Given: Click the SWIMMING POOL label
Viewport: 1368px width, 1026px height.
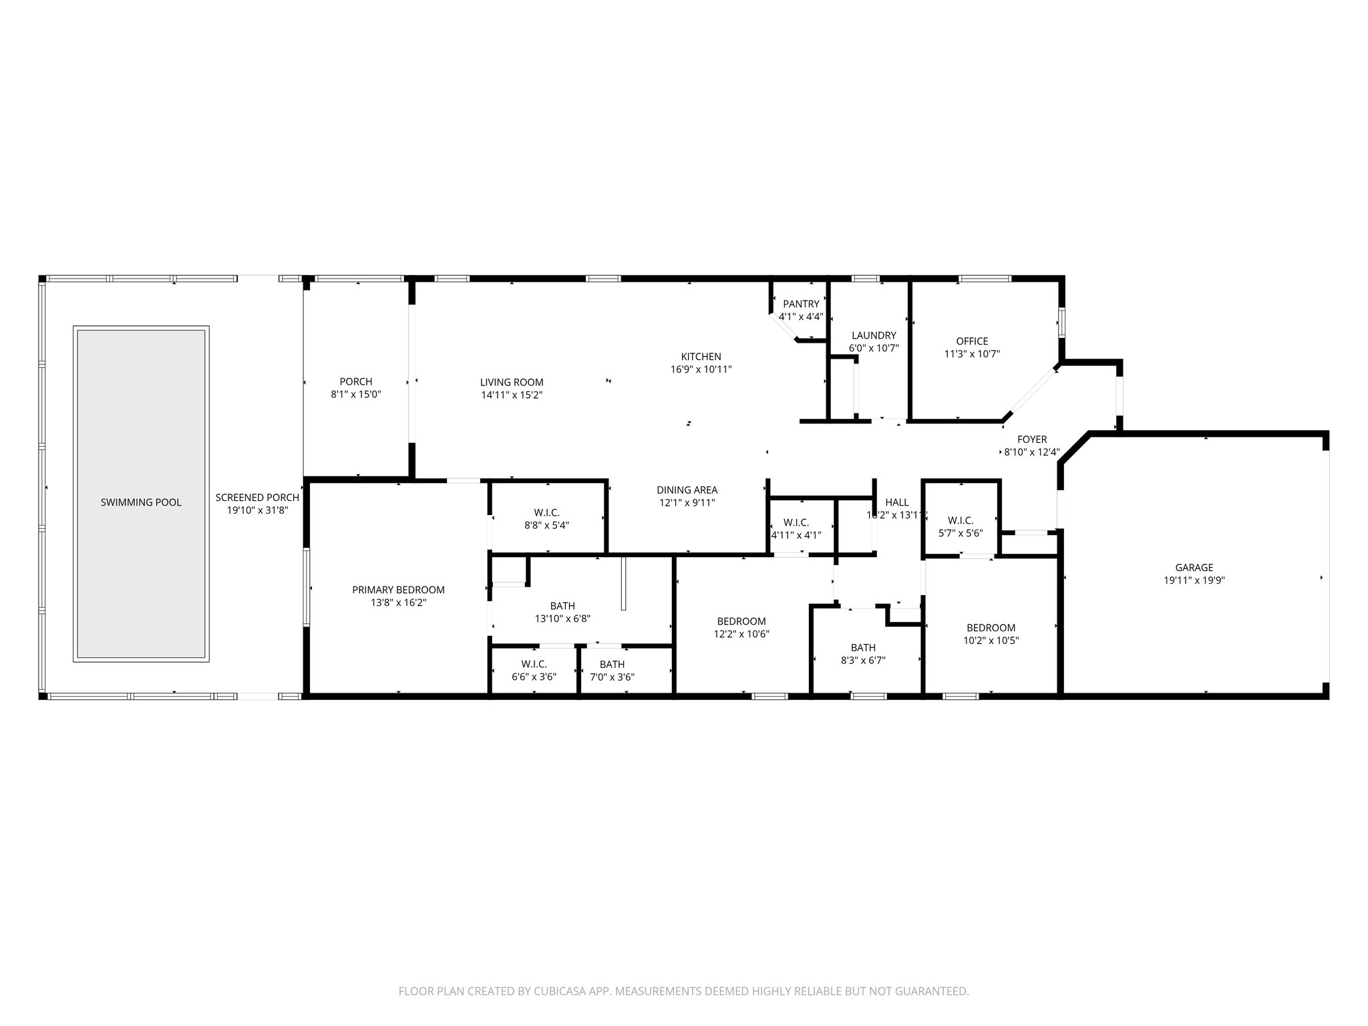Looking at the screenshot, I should (x=141, y=502).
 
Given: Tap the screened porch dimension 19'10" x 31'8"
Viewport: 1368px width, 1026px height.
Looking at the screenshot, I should (x=257, y=510).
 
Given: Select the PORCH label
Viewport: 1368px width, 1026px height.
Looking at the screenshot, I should (x=355, y=382).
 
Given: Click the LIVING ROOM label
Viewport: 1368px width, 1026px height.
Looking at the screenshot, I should (x=512, y=383).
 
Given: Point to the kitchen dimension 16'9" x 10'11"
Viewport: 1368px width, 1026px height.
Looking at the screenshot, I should (x=701, y=369).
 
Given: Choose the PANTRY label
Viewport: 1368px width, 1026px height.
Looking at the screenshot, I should (x=801, y=304).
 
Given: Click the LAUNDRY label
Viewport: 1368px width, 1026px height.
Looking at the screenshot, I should (x=873, y=335).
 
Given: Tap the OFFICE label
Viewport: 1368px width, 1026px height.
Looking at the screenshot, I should (x=971, y=341).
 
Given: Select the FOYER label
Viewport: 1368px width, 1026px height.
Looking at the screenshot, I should (x=1031, y=440).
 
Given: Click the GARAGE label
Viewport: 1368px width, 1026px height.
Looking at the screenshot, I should (x=1194, y=568).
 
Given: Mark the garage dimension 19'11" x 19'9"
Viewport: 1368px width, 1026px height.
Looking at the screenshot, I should (x=1194, y=581).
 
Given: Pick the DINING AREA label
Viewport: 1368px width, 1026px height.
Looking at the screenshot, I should (x=687, y=490).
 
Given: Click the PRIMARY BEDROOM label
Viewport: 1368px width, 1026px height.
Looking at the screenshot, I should (x=398, y=590).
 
